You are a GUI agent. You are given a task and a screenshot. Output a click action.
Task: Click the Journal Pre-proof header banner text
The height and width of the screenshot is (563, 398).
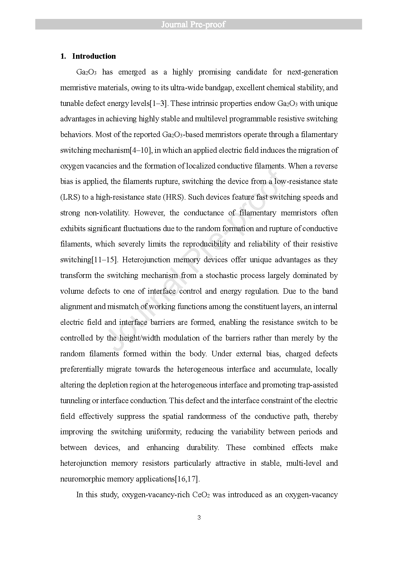(193, 25)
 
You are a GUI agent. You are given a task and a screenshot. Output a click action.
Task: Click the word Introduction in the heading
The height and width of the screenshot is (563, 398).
(94, 56)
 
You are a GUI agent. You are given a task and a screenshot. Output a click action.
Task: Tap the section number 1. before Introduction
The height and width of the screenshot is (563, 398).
(63, 56)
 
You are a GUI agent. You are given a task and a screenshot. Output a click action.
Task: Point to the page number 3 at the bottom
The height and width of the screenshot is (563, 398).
(199, 517)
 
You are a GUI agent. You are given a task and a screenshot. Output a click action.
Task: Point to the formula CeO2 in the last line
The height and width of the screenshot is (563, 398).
(201, 495)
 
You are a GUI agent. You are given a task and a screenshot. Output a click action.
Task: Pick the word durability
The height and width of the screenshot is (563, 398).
(202, 447)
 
